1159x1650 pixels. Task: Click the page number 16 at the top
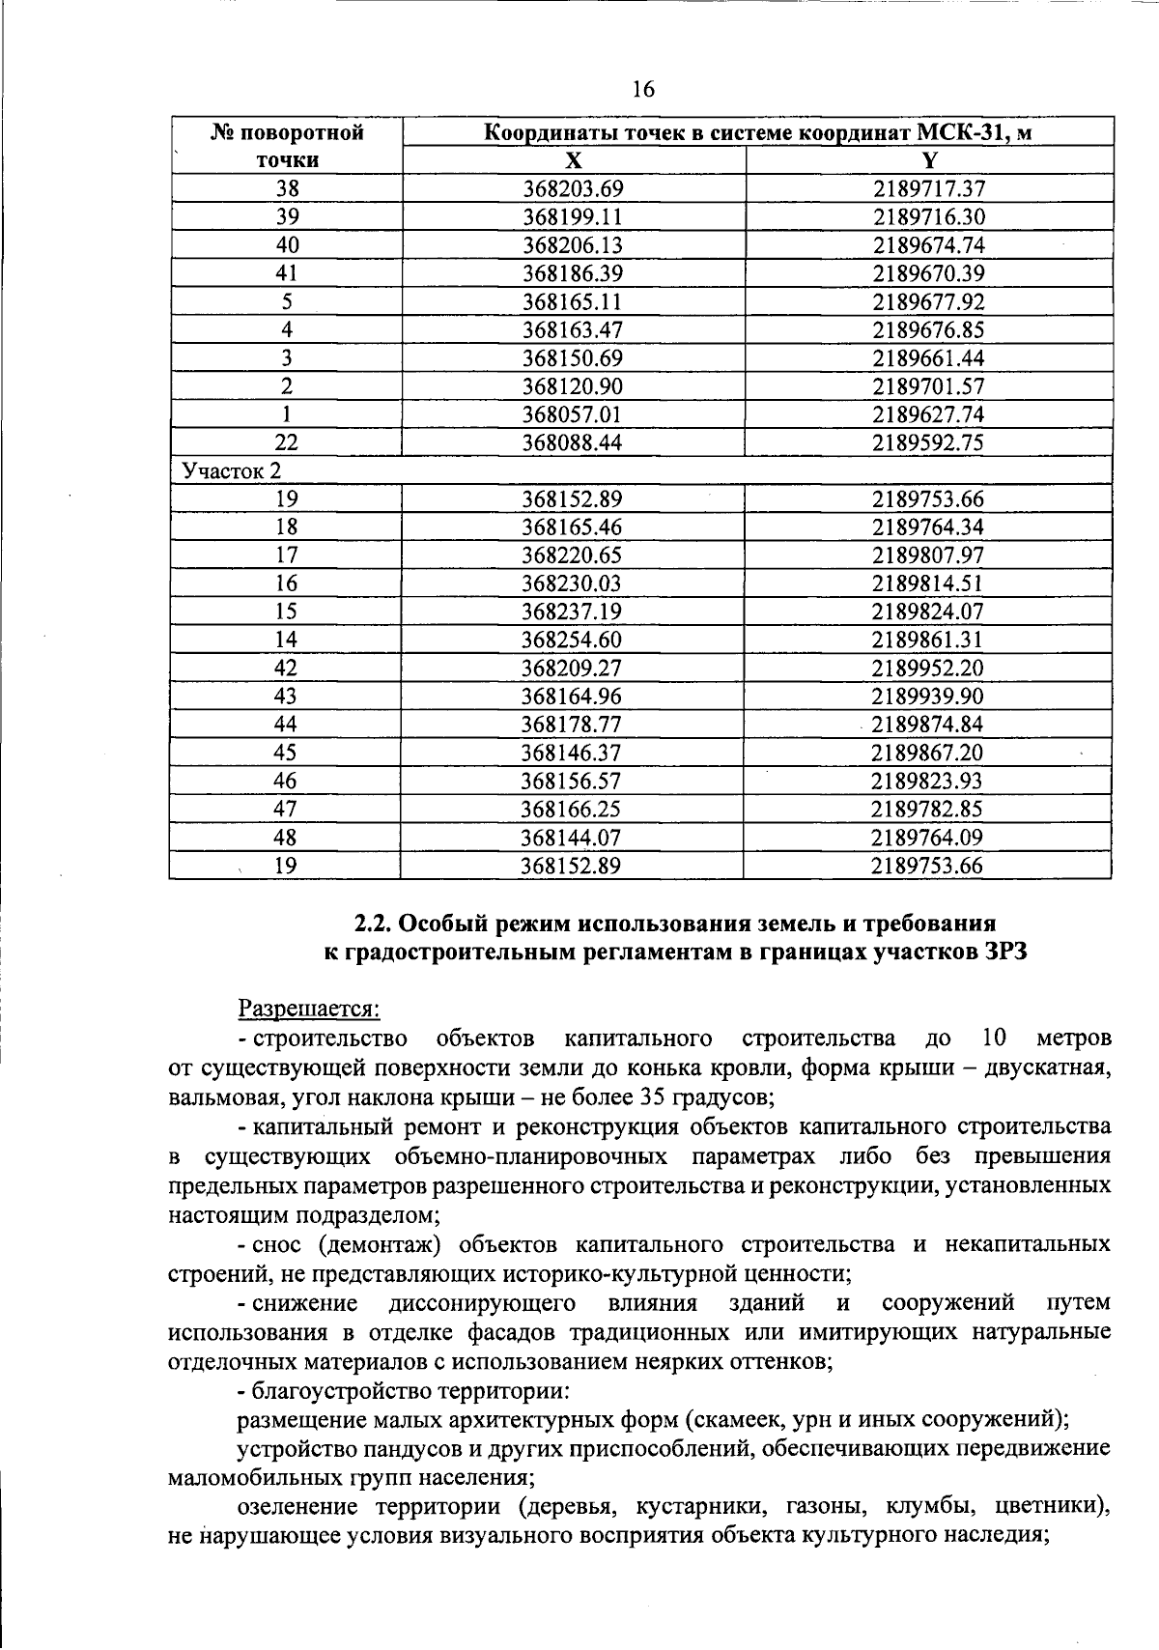[x=642, y=90]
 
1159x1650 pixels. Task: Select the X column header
[x=573, y=160]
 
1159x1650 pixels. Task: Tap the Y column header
[x=928, y=160]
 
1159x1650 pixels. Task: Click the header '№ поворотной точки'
[x=287, y=146]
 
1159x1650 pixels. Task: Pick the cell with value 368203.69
[x=573, y=189]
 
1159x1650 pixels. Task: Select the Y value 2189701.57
[x=928, y=386]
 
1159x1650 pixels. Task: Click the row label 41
[x=287, y=273]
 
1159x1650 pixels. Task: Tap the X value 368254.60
[x=571, y=640]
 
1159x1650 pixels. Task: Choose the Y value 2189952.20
[x=927, y=668]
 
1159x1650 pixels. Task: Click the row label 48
[x=286, y=837]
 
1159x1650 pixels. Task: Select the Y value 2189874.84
[x=927, y=725]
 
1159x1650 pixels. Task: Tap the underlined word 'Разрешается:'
[x=309, y=1009]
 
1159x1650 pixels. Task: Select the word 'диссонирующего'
[x=482, y=1302]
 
